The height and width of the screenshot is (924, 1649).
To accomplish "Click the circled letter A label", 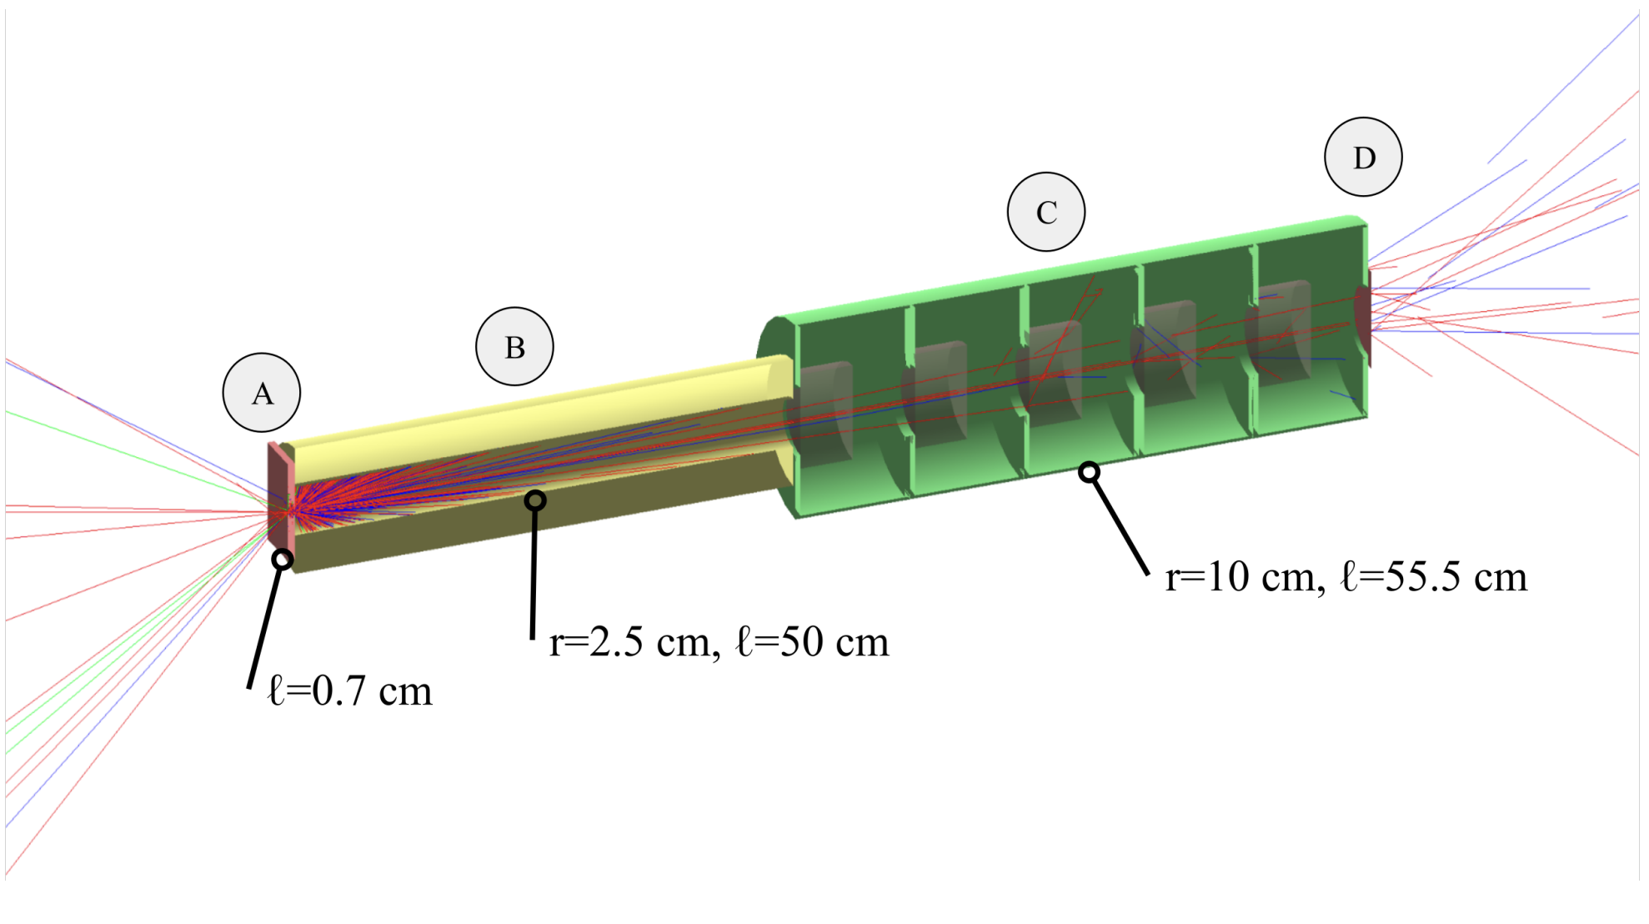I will click(x=262, y=393).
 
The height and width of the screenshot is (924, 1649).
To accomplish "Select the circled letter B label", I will click(x=514, y=347).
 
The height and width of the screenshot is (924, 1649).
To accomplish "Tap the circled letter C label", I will click(x=1046, y=212).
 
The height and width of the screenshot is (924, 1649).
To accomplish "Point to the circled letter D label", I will click(x=1363, y=157).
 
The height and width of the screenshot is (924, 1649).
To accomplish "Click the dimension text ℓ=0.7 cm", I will click(x=350, y=691).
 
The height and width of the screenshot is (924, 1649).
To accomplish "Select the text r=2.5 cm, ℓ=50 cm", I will click(x=719, y=642).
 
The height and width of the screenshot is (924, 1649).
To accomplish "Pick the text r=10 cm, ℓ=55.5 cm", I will click(x=1346, y=577).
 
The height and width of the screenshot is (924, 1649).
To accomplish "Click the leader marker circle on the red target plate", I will click(x=283, y=559).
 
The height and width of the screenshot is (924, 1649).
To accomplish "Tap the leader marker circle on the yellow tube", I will click(x=535, y=500).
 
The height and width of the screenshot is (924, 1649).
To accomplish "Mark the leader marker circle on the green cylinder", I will click(x=1089, y=473).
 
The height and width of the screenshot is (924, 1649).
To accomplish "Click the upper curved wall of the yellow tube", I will click(x=534, y=409).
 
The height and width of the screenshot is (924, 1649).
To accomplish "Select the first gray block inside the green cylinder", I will click(x=824, y=413).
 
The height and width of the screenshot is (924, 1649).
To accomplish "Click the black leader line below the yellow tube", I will click(x=534, y=575).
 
